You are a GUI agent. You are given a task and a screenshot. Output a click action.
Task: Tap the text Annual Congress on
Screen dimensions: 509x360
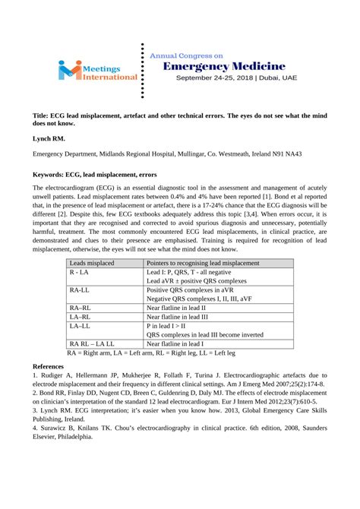tap(187, 55)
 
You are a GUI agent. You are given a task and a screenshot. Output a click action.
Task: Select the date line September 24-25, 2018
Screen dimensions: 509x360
tap(236, 78)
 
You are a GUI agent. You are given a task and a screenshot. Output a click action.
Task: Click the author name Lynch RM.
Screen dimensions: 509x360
tap(48, 140)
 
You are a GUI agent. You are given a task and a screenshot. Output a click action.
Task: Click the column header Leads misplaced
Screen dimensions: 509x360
tap(93, 263)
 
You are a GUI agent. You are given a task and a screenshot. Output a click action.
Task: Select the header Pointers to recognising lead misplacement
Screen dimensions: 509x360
tap(203, 263)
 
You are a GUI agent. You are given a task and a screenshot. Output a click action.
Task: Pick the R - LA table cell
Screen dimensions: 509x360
tap(78, 272)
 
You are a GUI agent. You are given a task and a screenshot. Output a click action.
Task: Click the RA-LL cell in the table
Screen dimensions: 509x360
tap(80, 290)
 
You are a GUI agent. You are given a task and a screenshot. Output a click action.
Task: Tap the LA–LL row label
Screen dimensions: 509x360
tap(80, 325)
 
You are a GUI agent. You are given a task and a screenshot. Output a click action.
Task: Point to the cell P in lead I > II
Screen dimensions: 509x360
tap(170, 325)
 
